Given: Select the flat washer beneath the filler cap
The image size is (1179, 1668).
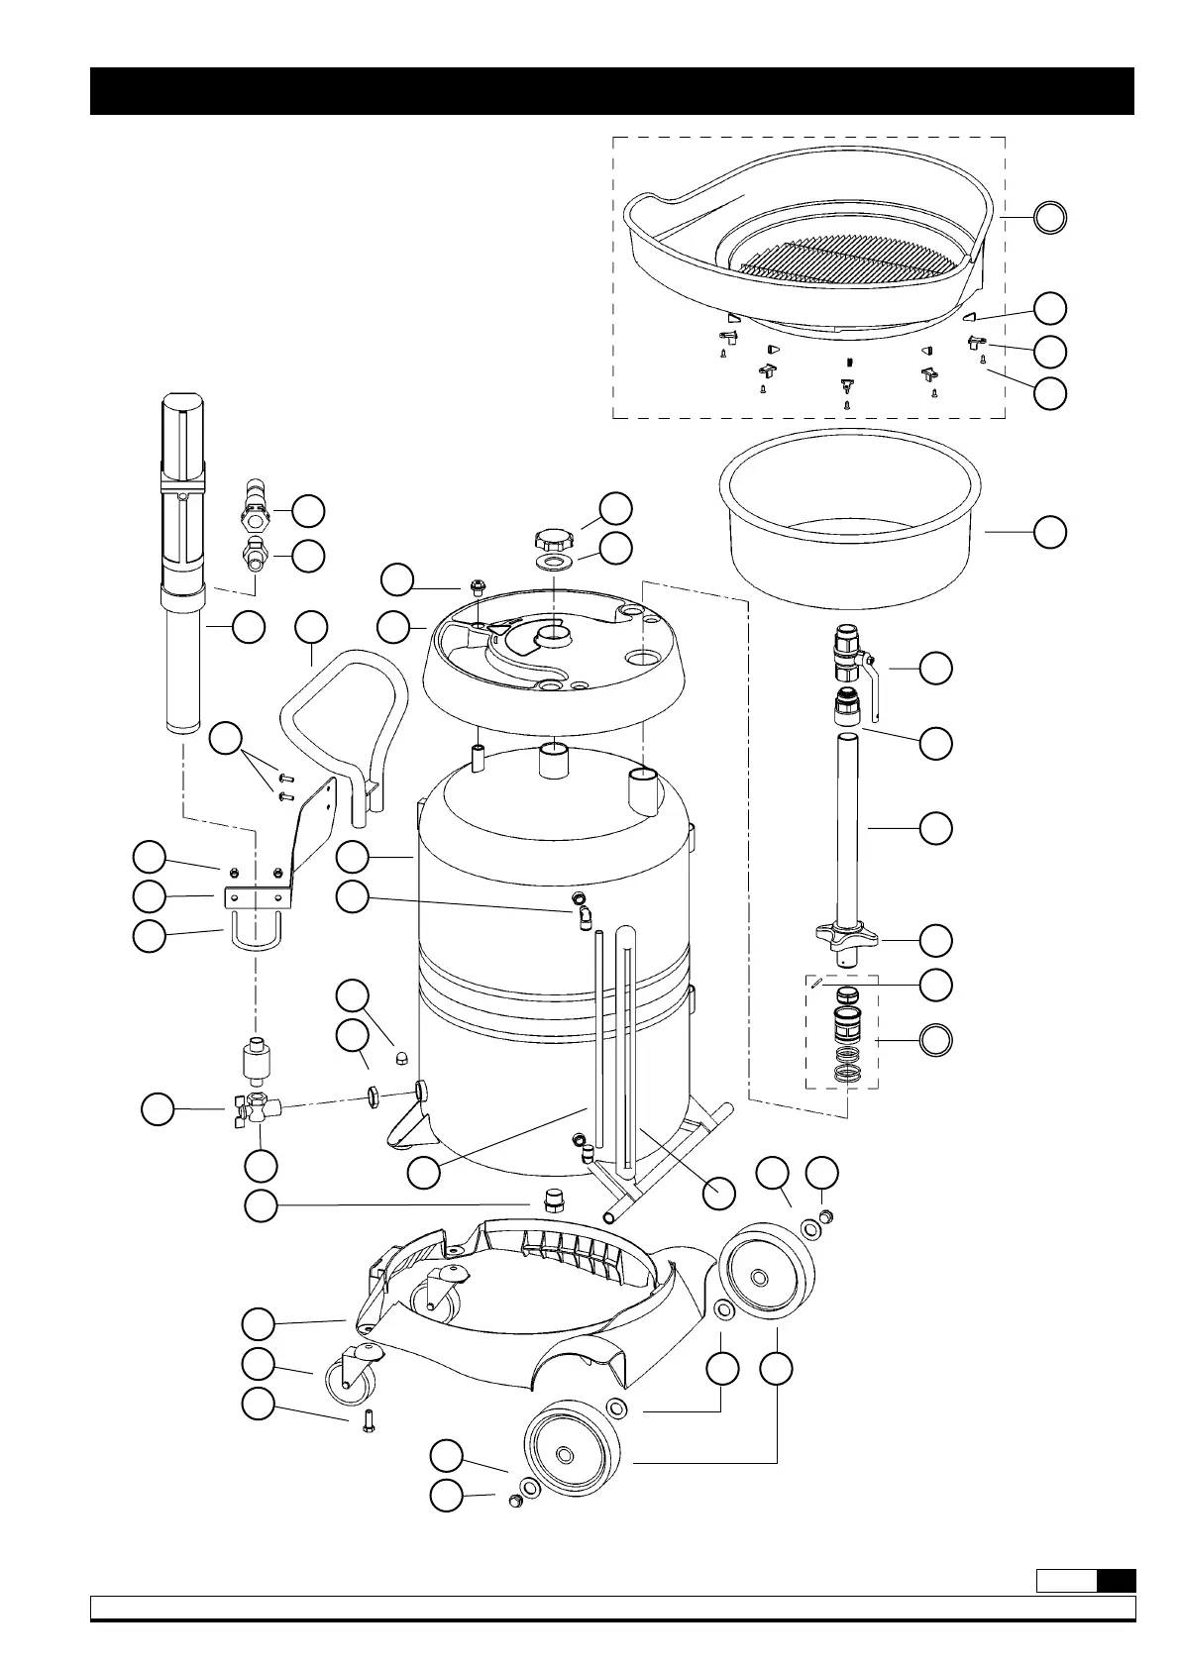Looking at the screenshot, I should point(553,563).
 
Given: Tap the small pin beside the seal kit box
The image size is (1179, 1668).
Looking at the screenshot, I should point(813,983).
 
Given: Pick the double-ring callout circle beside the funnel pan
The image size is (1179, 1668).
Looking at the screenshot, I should point(1050,217).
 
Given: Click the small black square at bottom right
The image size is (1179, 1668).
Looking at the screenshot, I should point(1116,1580).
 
